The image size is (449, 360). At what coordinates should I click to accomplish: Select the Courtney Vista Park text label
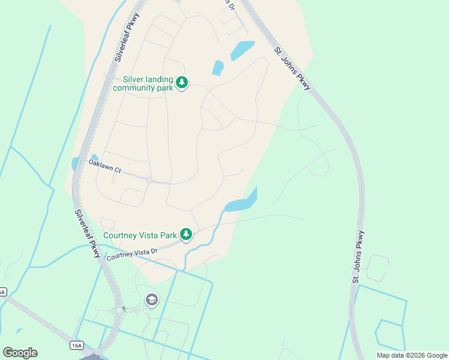140,235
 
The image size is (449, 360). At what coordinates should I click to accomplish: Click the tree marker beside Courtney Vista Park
186,235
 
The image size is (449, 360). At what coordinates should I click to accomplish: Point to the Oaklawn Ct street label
104,166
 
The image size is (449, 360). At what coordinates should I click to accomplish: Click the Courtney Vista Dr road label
131,254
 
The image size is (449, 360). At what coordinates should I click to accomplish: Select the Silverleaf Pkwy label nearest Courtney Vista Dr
87,233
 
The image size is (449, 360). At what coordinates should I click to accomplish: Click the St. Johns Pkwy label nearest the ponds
292,69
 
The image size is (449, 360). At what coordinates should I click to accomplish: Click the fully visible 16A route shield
76,345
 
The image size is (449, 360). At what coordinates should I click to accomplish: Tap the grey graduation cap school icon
152,299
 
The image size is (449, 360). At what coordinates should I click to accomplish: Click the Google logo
20,353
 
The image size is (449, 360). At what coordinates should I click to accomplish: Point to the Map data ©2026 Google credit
412,355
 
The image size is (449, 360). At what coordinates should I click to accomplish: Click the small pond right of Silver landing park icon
217,68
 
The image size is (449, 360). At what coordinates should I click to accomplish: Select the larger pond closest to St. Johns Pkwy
242,50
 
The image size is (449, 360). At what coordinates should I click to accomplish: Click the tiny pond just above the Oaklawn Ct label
94,158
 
